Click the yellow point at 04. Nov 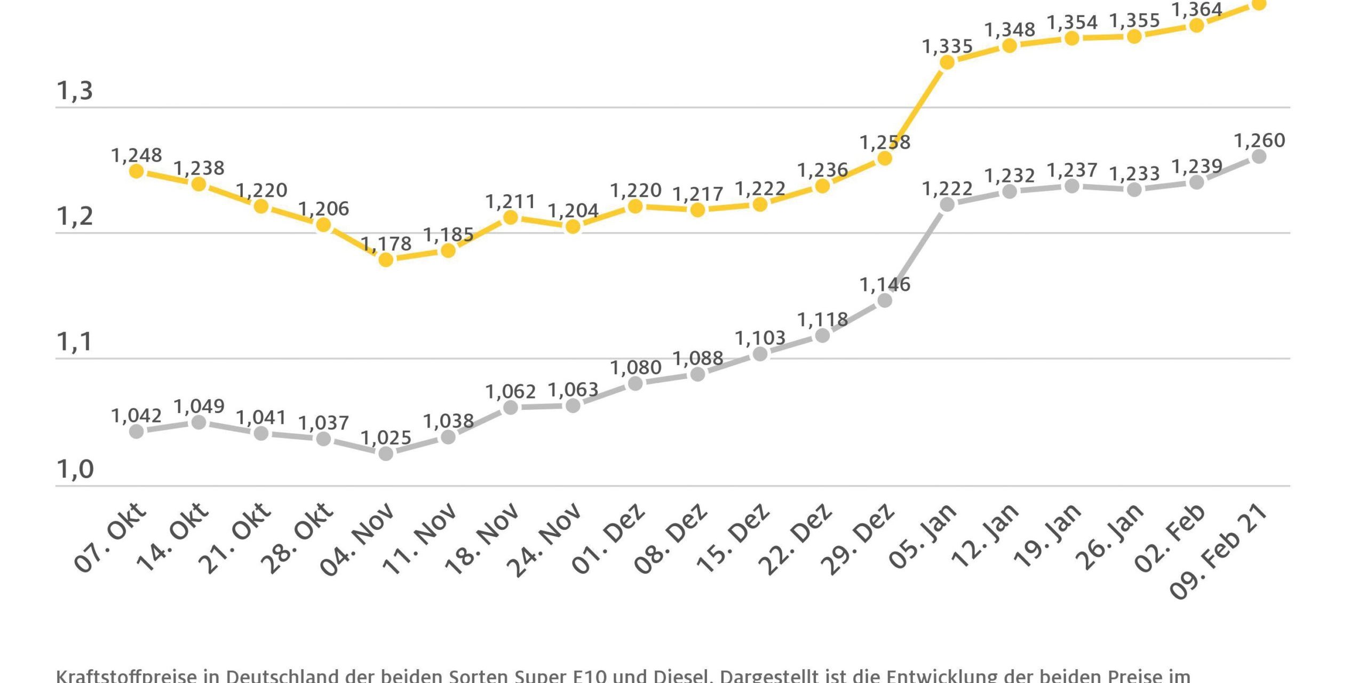click(x=386, y=260)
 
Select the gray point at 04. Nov click(x=386, y=454)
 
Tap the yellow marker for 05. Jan click(x=947, y=62)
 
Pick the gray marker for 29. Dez click(x=885, y=301)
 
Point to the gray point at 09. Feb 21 click(x=1259, y=156)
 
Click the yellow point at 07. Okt click(x=137, y=171)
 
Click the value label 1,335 click(x=947, y=47)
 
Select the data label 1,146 click(x=885, y=285)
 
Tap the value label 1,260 click(x=1259, y=141)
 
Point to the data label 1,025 click(x=386, y=438)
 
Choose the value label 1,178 click(x=386, y=244)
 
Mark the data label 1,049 click(x=199, y=407)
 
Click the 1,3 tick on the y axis click(x=75, y=91)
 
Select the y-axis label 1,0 click(x=75, y=470)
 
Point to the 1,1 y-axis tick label click(x=75, y=342)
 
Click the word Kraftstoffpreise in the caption click(x=126, y=676)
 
